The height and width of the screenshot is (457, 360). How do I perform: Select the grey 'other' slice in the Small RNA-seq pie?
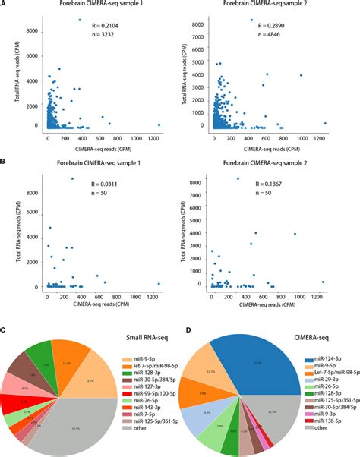(x=72, y=425)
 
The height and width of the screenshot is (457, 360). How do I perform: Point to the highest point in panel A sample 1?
(x=80, y=20)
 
